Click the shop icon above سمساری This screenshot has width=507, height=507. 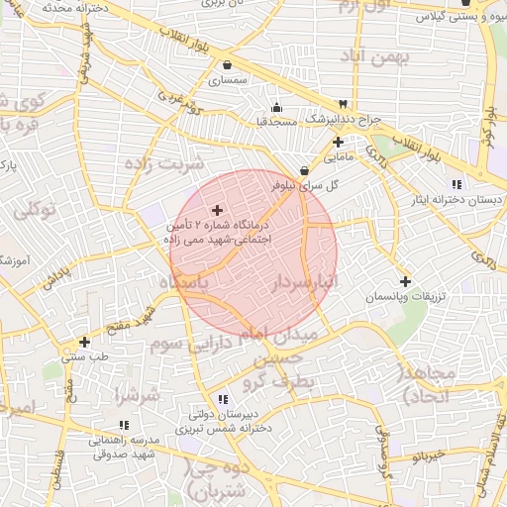pos(228,65)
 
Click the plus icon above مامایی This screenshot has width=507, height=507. pos(339,142)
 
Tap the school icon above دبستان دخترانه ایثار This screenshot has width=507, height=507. pos(456,184)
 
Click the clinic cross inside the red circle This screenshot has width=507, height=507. pos(218,210)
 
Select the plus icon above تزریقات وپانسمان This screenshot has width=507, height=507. pos(405,281)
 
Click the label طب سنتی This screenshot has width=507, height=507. pos(82,356)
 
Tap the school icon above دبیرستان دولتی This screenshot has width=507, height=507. pos(223,399)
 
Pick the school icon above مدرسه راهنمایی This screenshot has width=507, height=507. pos(97,425)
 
